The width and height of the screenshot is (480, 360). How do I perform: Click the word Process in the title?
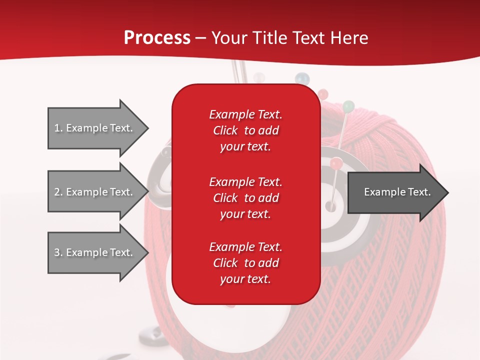click(157, 38)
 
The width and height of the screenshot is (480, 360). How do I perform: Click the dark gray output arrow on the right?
click(395, 192)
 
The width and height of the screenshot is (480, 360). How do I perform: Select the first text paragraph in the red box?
click(245, 130)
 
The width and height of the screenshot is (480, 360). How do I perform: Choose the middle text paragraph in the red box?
click(245, 198)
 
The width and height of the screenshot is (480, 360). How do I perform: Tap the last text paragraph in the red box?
click(245, 263)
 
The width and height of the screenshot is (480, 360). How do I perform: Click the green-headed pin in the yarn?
click(348, 106)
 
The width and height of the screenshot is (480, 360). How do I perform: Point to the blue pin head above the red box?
click(301, 78)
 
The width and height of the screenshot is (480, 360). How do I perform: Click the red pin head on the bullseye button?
click(336, 162)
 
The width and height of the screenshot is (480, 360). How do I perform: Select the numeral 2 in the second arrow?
click(57, 192)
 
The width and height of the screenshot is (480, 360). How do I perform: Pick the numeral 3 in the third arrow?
click(57, 252)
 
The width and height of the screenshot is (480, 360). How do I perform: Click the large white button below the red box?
click(200, 320)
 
